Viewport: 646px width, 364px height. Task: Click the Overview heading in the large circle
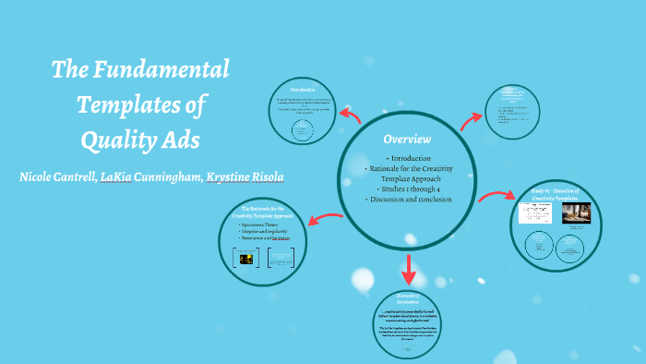(x=407, y=139)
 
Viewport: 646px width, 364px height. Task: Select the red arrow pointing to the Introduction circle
(x=351, y=115)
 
